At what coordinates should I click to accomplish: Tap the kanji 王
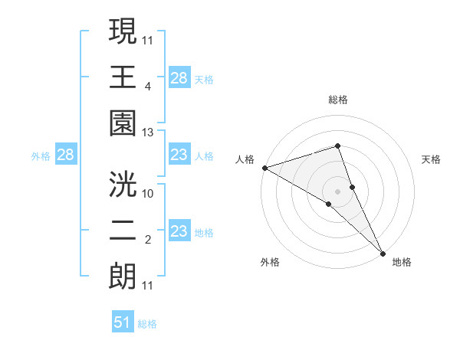[123, 77]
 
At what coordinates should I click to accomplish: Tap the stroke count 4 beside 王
[148, 86]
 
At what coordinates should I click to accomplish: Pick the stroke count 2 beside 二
[148, 240]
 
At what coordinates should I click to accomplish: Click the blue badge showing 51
[123, 322]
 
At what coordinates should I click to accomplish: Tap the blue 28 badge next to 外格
[65, 155]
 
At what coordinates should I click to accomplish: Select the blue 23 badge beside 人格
[179, 155]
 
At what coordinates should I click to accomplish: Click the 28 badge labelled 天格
[179, 78]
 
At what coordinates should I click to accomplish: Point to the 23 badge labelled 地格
[179, 231]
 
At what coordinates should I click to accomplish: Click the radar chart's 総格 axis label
[338, 100]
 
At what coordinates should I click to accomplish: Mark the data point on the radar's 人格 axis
[264, 167]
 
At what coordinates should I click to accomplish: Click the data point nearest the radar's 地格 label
[383, 252]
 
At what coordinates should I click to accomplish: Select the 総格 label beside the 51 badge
[147, 324]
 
